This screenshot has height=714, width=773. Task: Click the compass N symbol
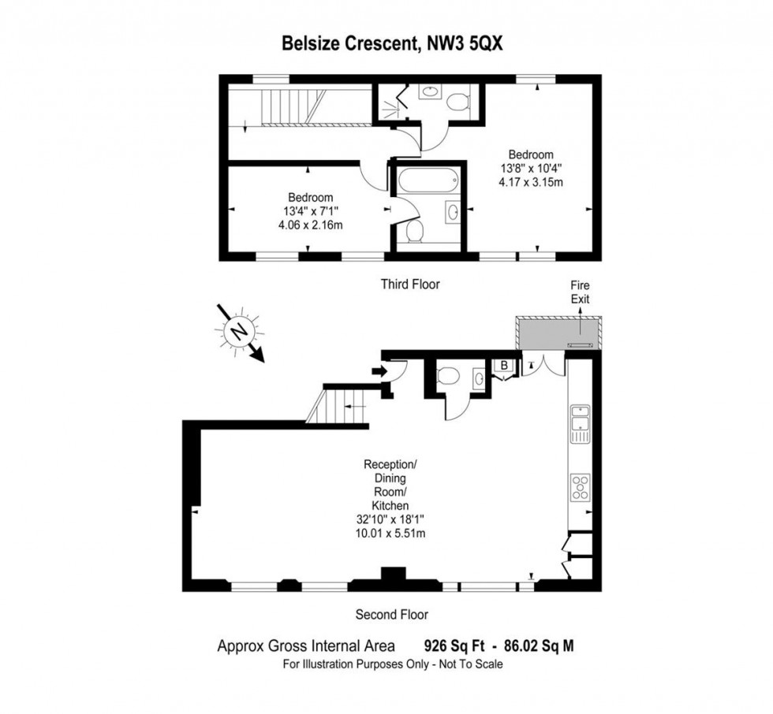click(240, 332)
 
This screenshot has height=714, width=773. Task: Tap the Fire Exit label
click(581, 292)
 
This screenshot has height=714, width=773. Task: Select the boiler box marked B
click(504, 366)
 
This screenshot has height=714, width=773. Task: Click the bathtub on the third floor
click(428, 180)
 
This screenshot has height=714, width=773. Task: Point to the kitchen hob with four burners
click(581, 487)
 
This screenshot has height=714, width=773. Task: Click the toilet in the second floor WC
click(448, 375)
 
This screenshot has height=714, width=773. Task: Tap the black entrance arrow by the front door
click(378, 370)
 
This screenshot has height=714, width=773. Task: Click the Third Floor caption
click(410, 284)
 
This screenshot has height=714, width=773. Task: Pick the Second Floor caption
click(392, 615)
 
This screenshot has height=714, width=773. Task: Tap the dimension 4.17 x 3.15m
click(531, 182)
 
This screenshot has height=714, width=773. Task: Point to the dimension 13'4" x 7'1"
click(311, 211)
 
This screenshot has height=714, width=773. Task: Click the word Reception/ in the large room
click(390, 464)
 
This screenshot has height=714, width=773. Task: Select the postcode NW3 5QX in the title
click(465, 43)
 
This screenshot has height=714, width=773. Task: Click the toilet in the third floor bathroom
click(414, 232)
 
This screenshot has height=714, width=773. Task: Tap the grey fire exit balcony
click(558, 333)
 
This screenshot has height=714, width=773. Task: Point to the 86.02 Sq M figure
click(540, 645)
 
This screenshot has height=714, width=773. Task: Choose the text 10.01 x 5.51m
click(390, 534)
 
